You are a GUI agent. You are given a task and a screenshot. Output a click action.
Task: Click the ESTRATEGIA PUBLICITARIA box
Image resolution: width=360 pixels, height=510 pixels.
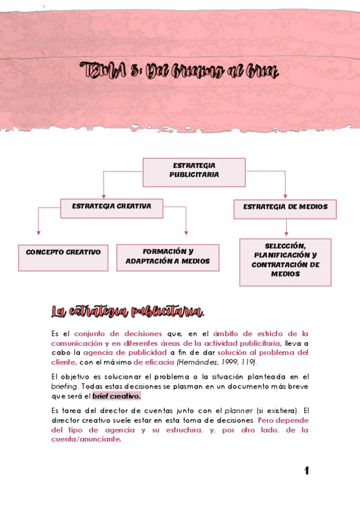194,171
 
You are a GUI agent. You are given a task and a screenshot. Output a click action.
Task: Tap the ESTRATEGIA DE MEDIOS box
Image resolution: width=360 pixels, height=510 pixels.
285,209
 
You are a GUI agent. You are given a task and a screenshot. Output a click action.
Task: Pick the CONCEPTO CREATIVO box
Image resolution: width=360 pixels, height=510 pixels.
63,257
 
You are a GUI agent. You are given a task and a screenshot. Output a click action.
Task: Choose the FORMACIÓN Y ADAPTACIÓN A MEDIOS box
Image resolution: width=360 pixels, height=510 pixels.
168,257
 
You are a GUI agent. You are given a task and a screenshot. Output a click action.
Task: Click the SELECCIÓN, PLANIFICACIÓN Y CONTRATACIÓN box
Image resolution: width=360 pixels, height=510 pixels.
285,262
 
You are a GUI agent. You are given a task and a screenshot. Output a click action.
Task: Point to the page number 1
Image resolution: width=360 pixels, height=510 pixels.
306,470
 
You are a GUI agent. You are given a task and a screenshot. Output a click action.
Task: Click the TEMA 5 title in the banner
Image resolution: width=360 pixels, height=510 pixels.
180,73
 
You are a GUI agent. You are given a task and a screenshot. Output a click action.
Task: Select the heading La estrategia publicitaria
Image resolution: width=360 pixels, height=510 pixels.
128,312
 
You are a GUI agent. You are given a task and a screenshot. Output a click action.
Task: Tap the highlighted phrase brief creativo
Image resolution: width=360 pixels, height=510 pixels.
117,396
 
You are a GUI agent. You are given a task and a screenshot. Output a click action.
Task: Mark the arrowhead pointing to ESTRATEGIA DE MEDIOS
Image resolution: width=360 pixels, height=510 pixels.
285,197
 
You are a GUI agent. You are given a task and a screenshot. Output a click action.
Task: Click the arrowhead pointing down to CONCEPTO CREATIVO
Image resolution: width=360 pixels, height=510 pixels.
38,232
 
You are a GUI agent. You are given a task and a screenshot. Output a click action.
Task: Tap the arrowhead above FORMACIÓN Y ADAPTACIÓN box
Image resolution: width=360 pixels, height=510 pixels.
186,232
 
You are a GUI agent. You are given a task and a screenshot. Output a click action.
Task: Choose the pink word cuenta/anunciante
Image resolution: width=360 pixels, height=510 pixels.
86,439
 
